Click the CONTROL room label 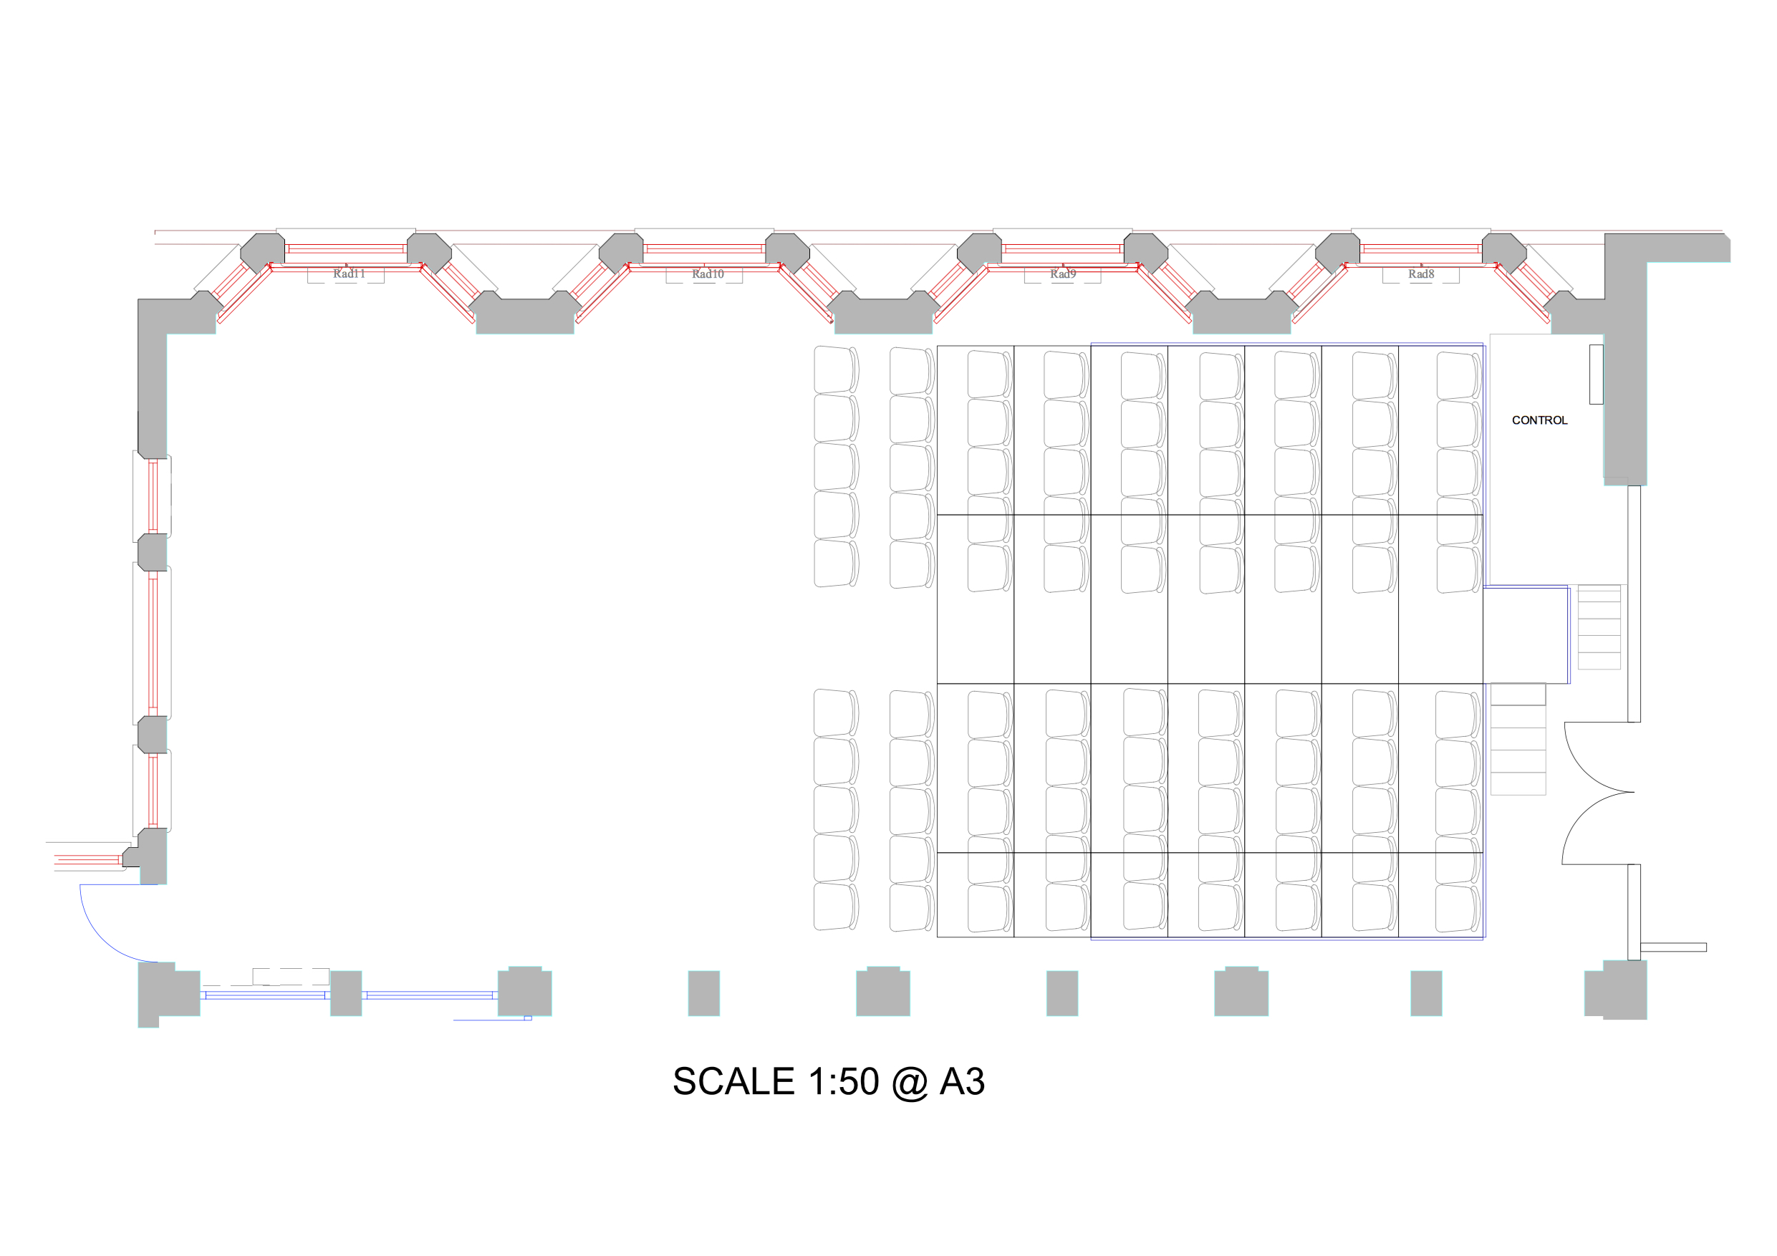click(1538, 420)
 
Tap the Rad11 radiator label click(349, 274)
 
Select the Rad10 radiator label click(708, 274)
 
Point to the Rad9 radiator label click(1063, 274)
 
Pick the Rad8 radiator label click(1421, 274)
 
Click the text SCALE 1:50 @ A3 click(828, 1082)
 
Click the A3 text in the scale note click(962, 1082)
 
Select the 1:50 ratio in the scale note click(843, 1082)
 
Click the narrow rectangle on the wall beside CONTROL click(1596, 375)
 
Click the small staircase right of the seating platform click(1599, 627)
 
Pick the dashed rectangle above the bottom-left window click(291, 977)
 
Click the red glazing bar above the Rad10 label click(703, 249)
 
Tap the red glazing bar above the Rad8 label click(1421, 249)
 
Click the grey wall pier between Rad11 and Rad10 click(525, 313)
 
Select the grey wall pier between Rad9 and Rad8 click(1241, 313)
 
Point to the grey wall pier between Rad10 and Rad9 click(883, 313)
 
